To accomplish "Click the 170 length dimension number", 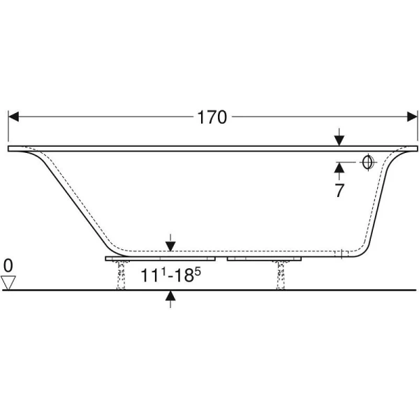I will (x=212, y=117).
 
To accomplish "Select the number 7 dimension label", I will (x=339, y=190).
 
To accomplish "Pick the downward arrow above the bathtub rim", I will (x=339, y=139).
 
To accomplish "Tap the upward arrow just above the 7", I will (x=339, y=167).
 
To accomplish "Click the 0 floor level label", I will (x=8, y=265).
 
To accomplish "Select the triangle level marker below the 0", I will (x=8, y=281).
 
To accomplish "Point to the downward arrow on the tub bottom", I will (x=170, y=244).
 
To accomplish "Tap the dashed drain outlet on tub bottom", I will (x=341, y=253).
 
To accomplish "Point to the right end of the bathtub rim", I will (x=413, y=148).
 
